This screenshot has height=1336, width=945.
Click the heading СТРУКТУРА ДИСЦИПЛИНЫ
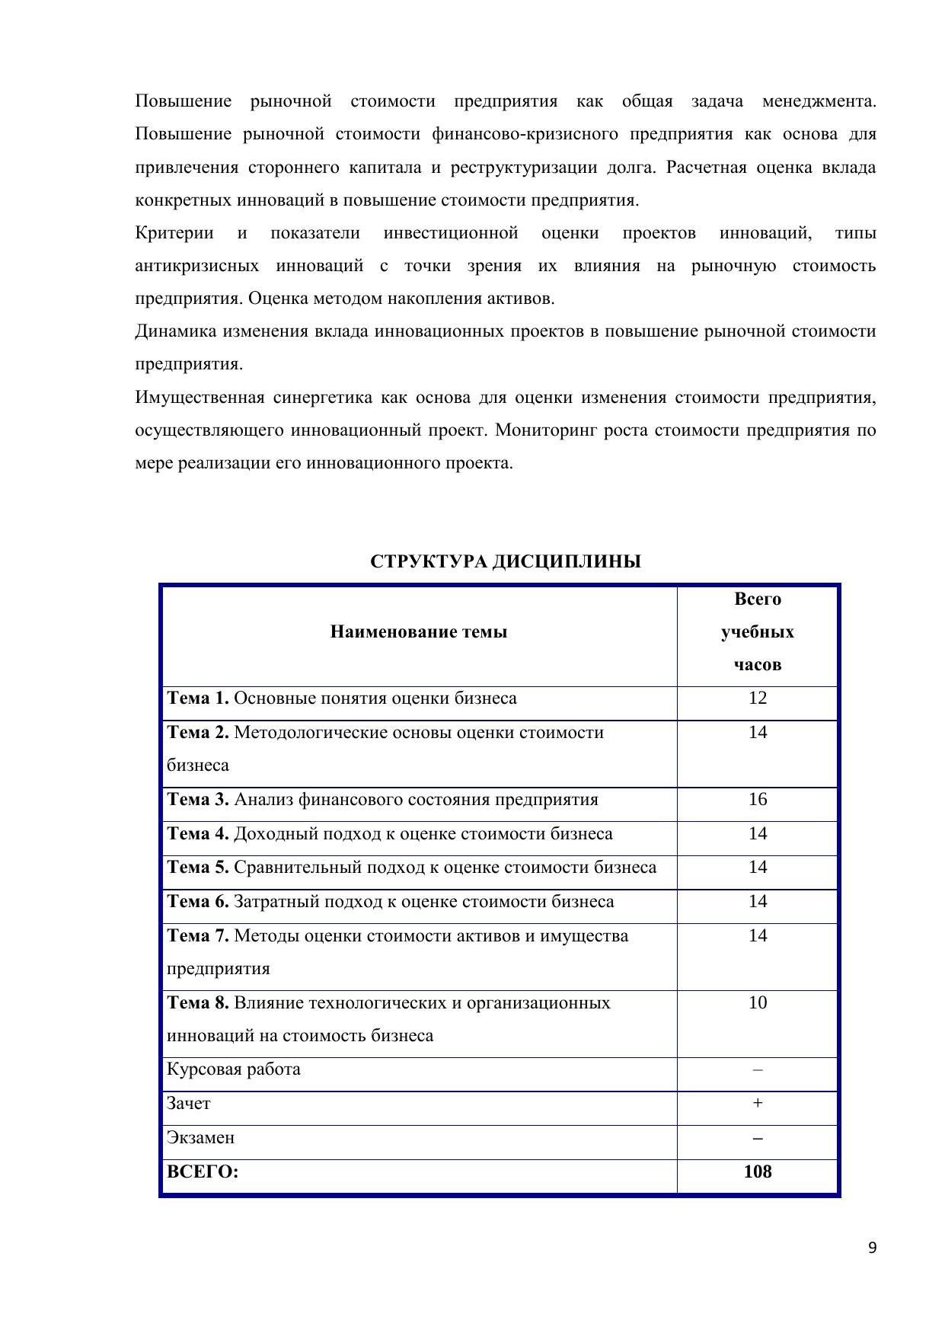pyautogui.click(x=505, y=562)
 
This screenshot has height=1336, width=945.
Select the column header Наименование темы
pyautogui.click(x=418, y=632)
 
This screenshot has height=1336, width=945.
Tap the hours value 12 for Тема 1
pyautogui.click(x=757, y=698)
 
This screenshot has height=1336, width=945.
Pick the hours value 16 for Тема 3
pyautogui.click(x=757, y=800)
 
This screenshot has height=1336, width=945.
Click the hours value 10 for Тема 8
pyautogui.click(x=757, y=1003)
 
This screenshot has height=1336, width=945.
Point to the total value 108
pyautogui.click(x=757, y=1171)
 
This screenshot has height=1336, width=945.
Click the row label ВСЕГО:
pyautogui.click(x=203, y=1172)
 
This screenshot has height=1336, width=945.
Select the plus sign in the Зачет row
pyautogui.click(x=757, y=1104)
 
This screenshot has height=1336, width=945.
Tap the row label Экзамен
pyautogui.click(x=200, y=1138)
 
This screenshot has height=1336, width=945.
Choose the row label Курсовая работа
pyautogui.click(x=233, y=1069)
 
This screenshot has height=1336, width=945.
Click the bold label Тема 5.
pyautogui.click(x=197, y=868)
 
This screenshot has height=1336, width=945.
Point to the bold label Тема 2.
pyautogui.click(x=197, y=733)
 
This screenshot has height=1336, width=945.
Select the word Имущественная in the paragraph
pyautogui.click(x=200, y=398)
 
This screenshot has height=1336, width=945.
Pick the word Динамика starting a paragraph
pyautogui.click(x=175, y=331)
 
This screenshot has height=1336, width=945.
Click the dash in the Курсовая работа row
pyautogui.click(x=757, y=1070)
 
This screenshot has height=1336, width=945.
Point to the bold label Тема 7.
pyautogui.click(x=197, y=936)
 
